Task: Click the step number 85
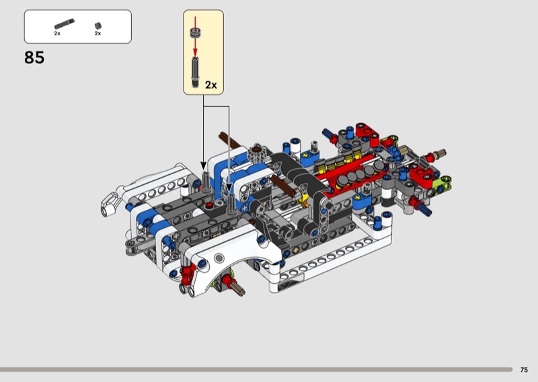(x=34, y=57)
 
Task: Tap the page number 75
(x=524, y=370)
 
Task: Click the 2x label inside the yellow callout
(x=211, y=85)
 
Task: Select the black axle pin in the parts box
(x=64, y=24)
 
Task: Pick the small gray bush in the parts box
(x=98, y=26)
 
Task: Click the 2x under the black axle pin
(x=57, y=34)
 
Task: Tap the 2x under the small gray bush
(x=98, y=34)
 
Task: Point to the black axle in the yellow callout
(x=195, y=72)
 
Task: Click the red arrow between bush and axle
(x=195, y=47)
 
